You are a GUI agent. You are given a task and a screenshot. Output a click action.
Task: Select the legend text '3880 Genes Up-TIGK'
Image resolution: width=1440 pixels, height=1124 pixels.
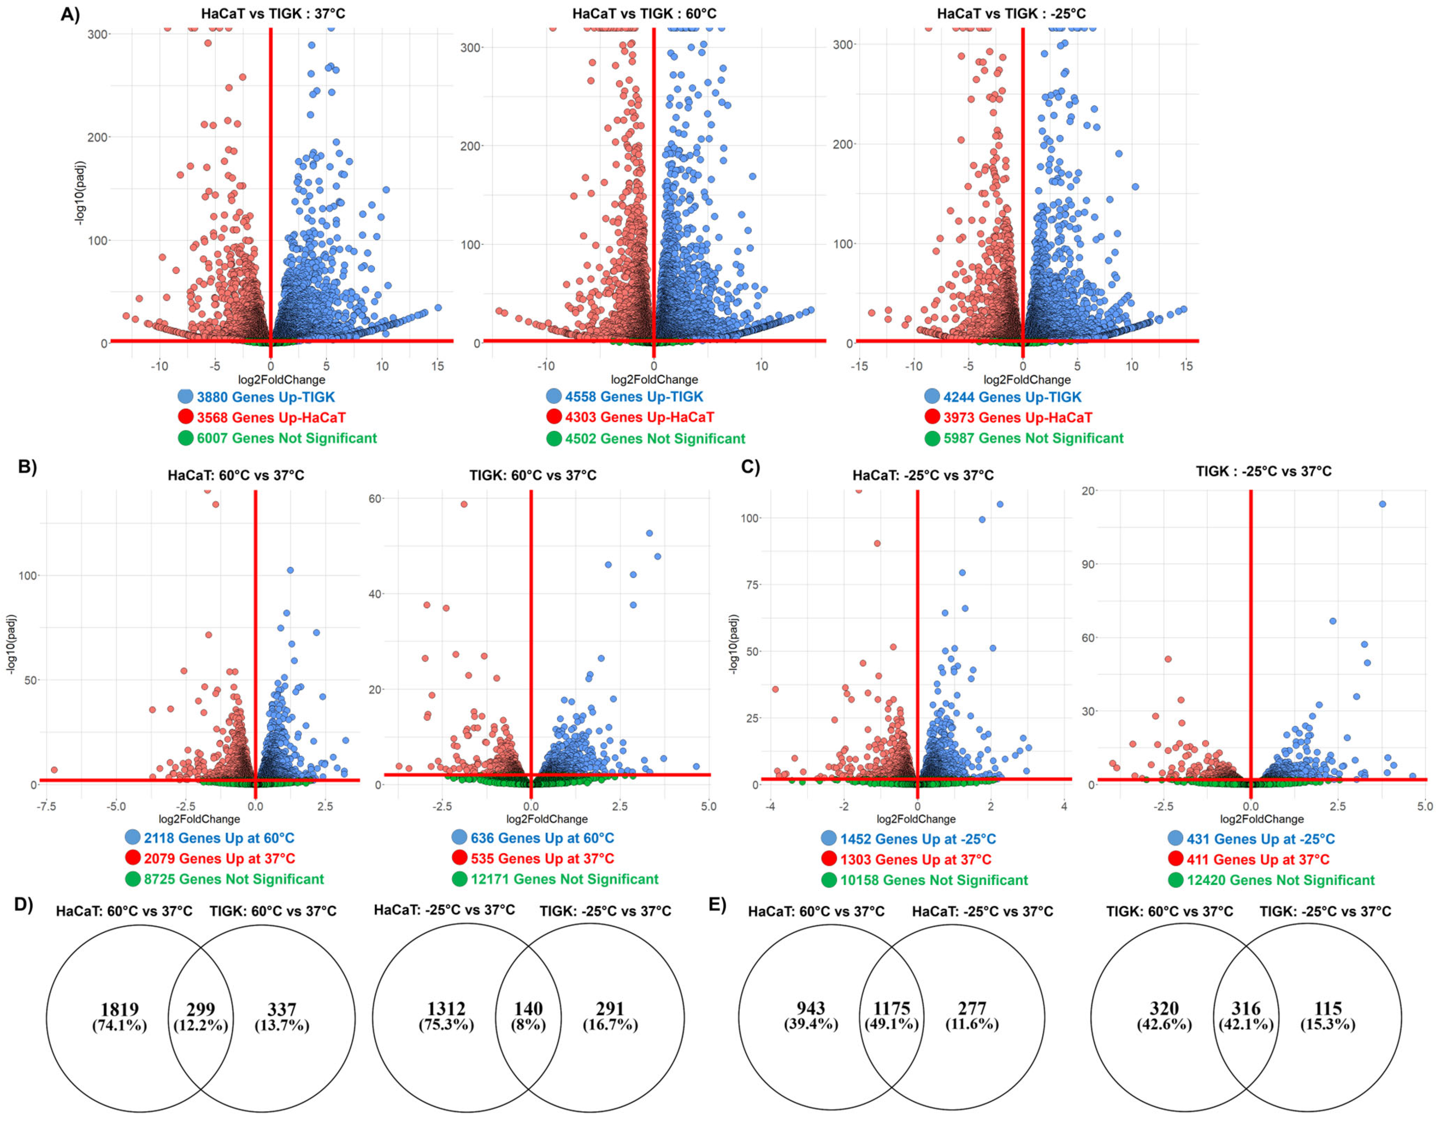tap(266, 397)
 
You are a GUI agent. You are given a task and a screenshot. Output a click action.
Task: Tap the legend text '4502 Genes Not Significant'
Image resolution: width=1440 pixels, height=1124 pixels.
tap(655, 438)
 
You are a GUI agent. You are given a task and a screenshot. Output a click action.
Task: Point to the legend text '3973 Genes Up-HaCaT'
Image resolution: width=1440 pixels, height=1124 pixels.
tap(1017, 417)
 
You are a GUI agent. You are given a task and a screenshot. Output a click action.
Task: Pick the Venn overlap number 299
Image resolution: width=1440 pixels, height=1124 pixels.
tap(201, 1009)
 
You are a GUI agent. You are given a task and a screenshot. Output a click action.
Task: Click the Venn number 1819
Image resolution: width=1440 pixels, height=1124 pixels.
tap(119, 1009)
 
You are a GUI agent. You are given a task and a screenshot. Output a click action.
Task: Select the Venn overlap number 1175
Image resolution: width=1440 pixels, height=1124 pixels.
tap(892, 1009)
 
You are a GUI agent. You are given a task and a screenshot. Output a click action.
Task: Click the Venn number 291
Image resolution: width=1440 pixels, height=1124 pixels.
tap(610, 1009)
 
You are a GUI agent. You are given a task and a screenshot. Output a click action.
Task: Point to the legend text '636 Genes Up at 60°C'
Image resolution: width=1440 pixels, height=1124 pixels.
tap(542, 838)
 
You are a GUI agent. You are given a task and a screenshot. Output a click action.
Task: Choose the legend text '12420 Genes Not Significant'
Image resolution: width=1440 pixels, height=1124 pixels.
tap(1280, 880)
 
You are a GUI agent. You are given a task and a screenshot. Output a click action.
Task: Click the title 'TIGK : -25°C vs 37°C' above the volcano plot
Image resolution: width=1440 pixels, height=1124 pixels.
tap(1263, 472)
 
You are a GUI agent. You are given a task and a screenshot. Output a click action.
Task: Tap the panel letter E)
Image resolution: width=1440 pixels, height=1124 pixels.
tap(717, 904)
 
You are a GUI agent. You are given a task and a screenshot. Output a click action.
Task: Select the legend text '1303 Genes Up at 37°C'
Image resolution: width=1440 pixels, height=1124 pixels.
tap(915, 860)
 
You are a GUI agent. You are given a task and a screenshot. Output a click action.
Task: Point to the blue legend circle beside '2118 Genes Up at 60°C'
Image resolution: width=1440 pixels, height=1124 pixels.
tap(133, 837)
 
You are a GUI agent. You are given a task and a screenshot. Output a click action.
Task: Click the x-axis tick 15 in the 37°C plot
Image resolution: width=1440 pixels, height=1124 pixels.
tap(438, 366)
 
